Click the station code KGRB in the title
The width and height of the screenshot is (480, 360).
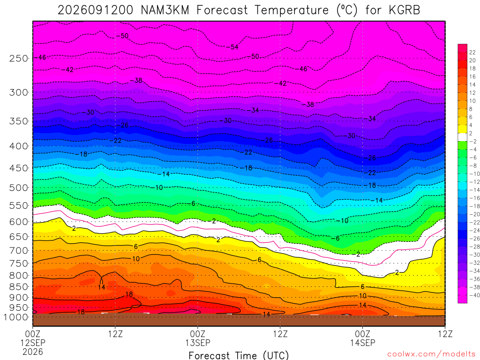click(x=405, y=10)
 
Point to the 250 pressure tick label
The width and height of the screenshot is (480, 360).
click(x=19, y=58)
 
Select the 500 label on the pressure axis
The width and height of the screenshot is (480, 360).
click(x=19, y=187)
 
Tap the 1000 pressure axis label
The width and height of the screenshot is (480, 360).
click(x=16, y=317)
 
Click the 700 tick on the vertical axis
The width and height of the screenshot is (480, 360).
click(x=19, y=250)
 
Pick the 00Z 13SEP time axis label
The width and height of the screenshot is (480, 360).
click(x=198, y=338)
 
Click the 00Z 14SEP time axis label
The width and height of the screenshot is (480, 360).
click(x=363, y=338)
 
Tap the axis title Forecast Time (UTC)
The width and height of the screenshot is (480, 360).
click(x=239, y=355)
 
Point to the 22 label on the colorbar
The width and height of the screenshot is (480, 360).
click(x=472, y=52)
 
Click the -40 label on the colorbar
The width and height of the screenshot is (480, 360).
click(x=474, y=295)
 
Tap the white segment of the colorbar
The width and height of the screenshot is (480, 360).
click(x=463, y=137)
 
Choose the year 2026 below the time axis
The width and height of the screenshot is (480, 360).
click(x=33, y=352)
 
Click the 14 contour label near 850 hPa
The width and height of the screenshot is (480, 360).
click(x=102, y=287)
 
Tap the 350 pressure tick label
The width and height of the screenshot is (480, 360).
click(x=19, y=121)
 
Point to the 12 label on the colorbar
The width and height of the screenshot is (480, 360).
click(x=472, y=93)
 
